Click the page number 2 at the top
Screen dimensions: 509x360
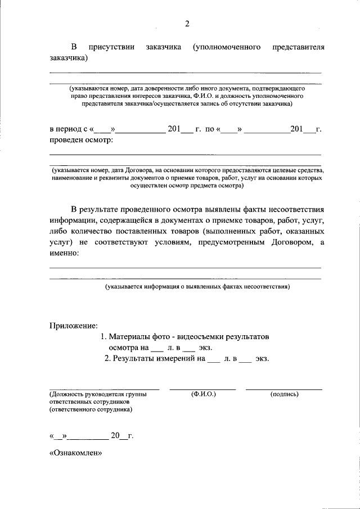187,24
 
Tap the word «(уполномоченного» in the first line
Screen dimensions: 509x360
226,47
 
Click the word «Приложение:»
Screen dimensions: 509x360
74,325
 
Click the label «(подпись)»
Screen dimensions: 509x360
284,394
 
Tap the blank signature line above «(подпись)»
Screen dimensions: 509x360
284,389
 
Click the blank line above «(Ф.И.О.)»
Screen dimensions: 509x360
203,389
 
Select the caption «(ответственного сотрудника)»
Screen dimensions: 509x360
91,410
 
